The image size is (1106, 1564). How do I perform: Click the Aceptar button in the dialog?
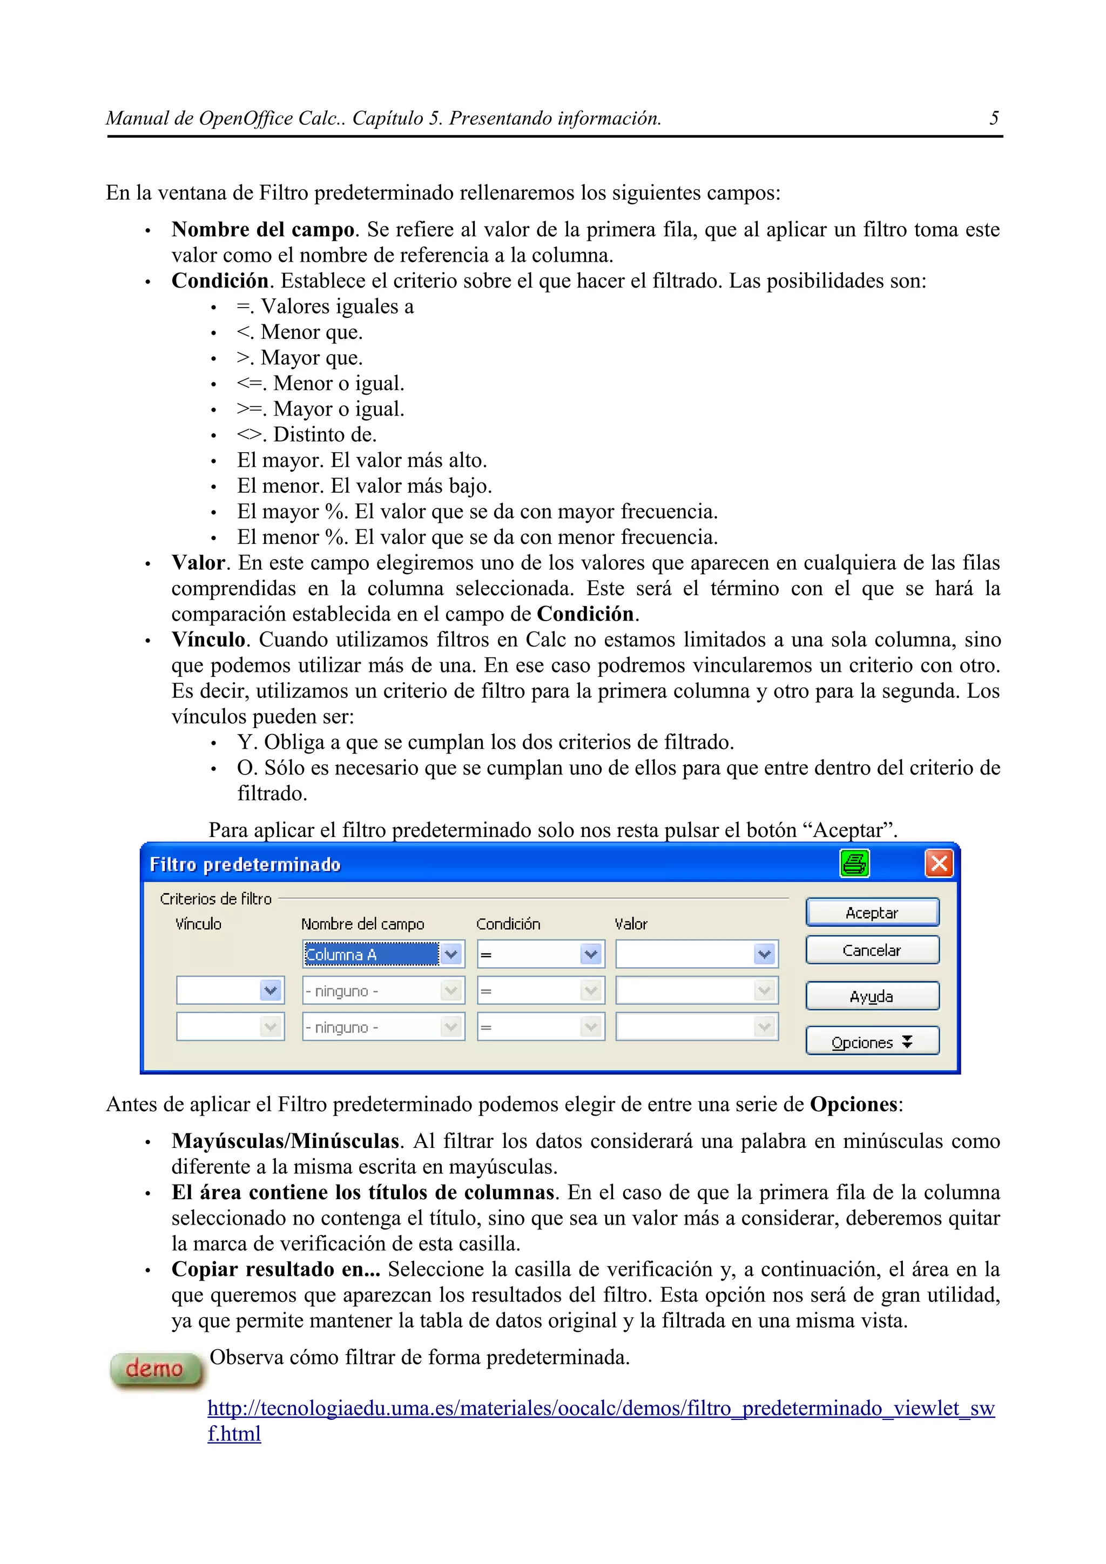872,913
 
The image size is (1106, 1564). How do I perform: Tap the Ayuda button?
872,996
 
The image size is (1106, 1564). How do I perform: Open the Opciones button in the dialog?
872,1042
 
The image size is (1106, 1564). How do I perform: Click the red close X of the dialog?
939,863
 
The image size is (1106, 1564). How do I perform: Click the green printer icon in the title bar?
854,863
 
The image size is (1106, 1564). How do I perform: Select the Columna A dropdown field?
372,954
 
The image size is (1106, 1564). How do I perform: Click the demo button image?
156,1369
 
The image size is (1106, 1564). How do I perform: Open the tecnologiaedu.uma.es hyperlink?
599,1407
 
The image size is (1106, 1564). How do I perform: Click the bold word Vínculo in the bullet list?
208,640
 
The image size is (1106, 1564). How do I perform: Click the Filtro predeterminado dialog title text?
245,865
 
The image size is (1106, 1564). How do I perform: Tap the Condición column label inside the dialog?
508,924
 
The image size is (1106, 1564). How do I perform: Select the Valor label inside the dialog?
630,924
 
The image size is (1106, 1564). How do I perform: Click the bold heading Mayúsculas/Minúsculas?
285,1141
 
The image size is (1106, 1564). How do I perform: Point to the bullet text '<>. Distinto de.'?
306,434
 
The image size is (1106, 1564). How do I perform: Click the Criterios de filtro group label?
215,899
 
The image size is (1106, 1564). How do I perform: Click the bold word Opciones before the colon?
853,1104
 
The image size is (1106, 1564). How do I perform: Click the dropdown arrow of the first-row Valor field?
765,954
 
